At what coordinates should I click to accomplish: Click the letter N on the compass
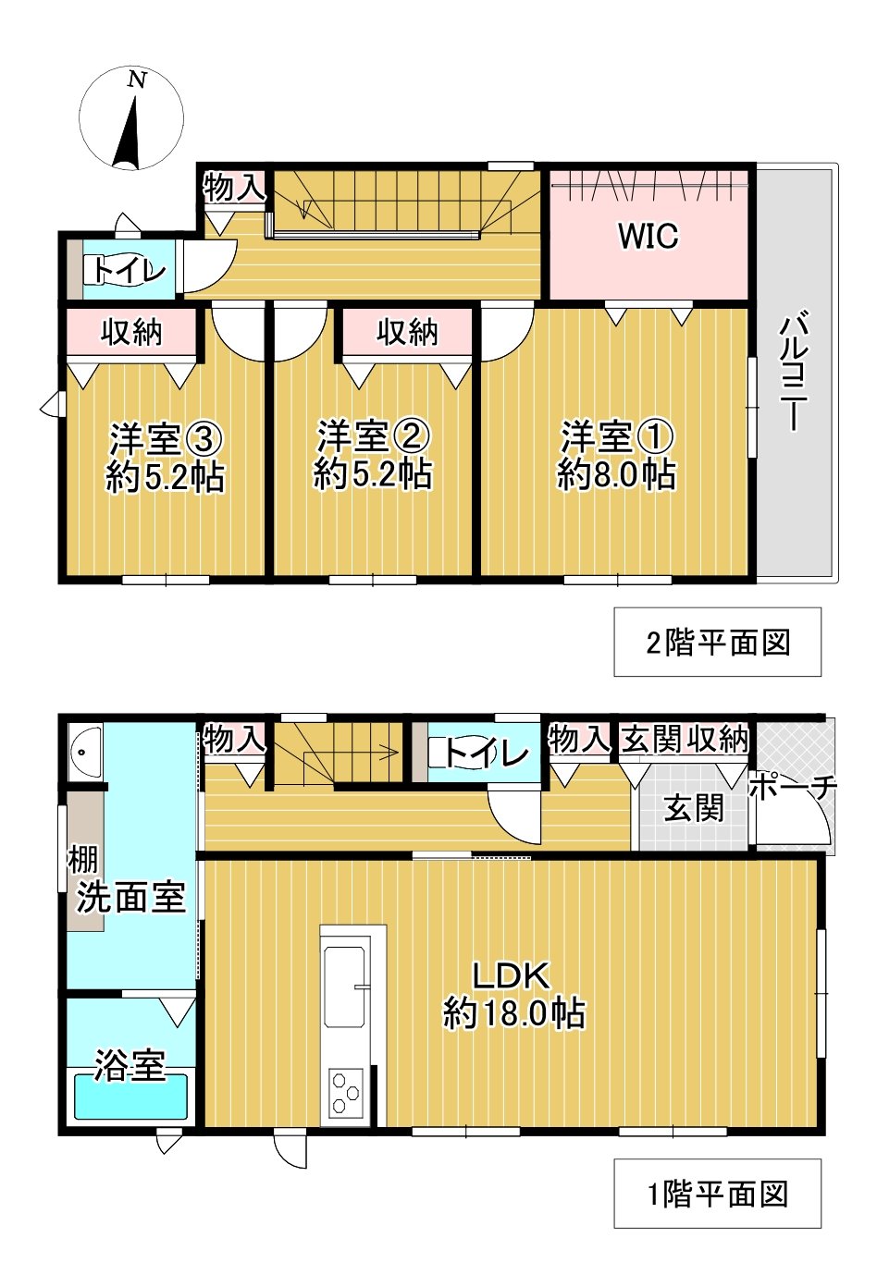point(137,80)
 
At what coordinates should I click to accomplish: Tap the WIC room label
point(648,236)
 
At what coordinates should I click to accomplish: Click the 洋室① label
point(617,435)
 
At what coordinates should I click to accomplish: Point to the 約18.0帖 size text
point(513,1013)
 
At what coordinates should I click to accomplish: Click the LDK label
point(512,974)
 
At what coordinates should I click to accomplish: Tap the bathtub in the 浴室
point(130,1097)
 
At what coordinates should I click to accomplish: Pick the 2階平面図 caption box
point(717,642)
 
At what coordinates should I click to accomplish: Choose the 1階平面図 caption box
point(717,1194)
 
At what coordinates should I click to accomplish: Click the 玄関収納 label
point(685,739)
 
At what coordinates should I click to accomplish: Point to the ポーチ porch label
point(793,787)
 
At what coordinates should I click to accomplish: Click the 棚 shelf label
point(82,860)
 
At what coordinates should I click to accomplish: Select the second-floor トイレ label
point(128,270)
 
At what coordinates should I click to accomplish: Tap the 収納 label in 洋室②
point(407,332)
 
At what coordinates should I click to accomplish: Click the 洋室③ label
point(166,436)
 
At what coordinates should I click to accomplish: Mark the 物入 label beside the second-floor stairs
point(234,188)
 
